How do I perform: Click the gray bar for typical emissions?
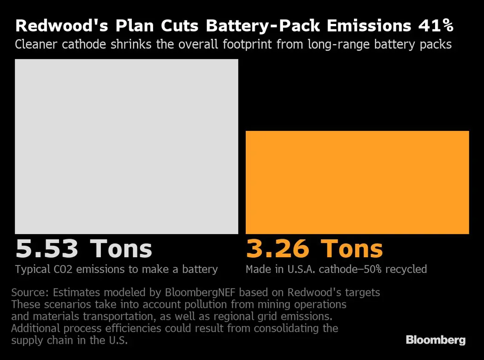pyautogui.click(x=126, y=146)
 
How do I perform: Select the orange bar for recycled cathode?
pyautogui.click(x=357, y=182)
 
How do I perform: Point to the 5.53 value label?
pyautogui.click(x=47, y=249)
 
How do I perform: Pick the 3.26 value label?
pyautogui.click(x=277, y=249)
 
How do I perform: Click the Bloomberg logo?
pyautogui.click(x=436, y=340)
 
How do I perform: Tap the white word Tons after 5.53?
pyautogui.click(x=121, y=249)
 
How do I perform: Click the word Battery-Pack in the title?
pyautogui.click(x=263, y=26)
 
